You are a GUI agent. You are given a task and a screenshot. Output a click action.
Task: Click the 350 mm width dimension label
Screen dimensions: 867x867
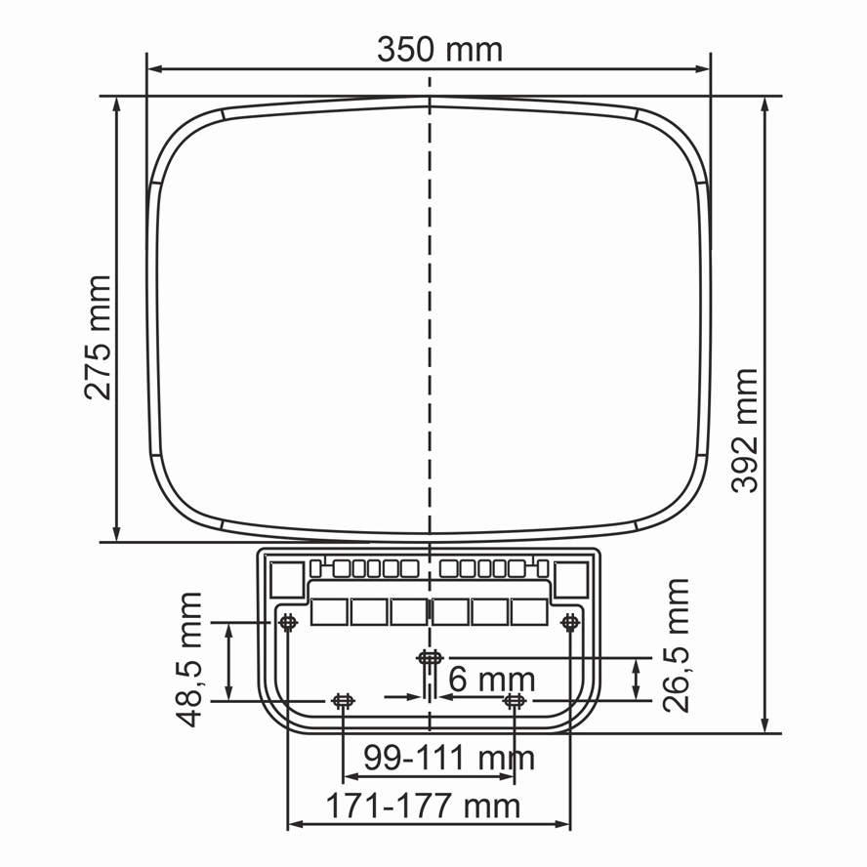[x=439, y=49]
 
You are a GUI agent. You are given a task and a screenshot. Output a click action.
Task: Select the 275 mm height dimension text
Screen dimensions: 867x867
[x=98, y=337]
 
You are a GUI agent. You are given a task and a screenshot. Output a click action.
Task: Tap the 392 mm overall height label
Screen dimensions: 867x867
[x=744, y=431]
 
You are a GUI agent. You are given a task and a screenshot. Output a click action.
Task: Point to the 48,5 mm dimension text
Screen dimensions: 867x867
[x=189, y=659]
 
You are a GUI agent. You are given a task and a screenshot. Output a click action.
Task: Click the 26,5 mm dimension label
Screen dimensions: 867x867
[x=676, y=645]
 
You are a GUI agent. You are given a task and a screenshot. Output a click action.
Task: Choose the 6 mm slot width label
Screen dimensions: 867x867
[x=491, y=679]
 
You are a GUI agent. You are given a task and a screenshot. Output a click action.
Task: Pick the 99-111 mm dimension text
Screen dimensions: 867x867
[x=449, y=758]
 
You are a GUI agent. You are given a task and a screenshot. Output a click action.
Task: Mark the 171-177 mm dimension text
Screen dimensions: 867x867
[x=423, y=805]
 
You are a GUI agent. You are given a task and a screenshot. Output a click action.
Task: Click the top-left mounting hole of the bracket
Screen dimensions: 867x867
[x=287, y=623]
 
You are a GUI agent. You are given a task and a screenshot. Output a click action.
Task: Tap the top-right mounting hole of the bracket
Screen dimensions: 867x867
[x=570, y=623]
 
